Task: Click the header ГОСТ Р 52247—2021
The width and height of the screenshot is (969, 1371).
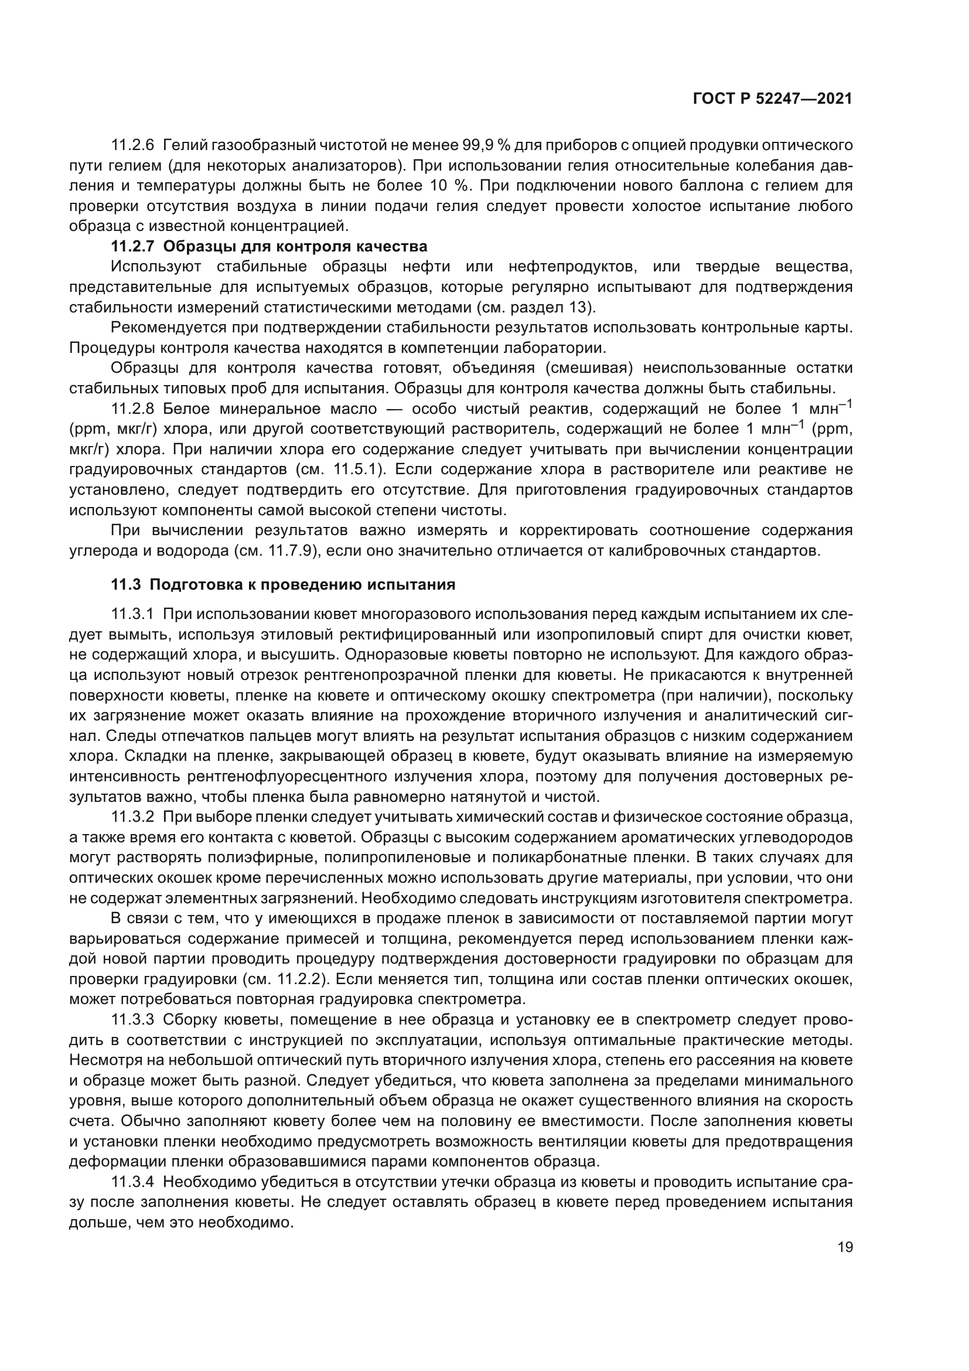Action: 772,99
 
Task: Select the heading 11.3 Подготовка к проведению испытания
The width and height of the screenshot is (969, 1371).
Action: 284,584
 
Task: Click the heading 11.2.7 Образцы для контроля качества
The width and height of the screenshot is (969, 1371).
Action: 269,246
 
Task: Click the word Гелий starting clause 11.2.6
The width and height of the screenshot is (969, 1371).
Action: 181,145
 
